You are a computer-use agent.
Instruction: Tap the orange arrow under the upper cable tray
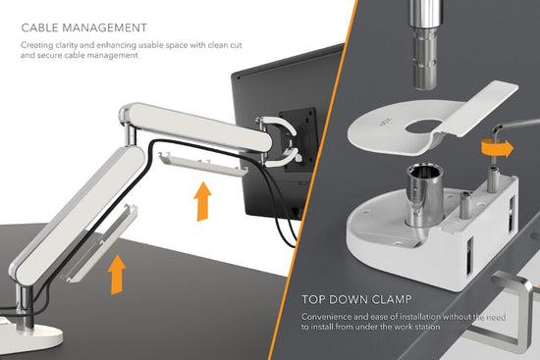pyautogui.click(x=202, y=202)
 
